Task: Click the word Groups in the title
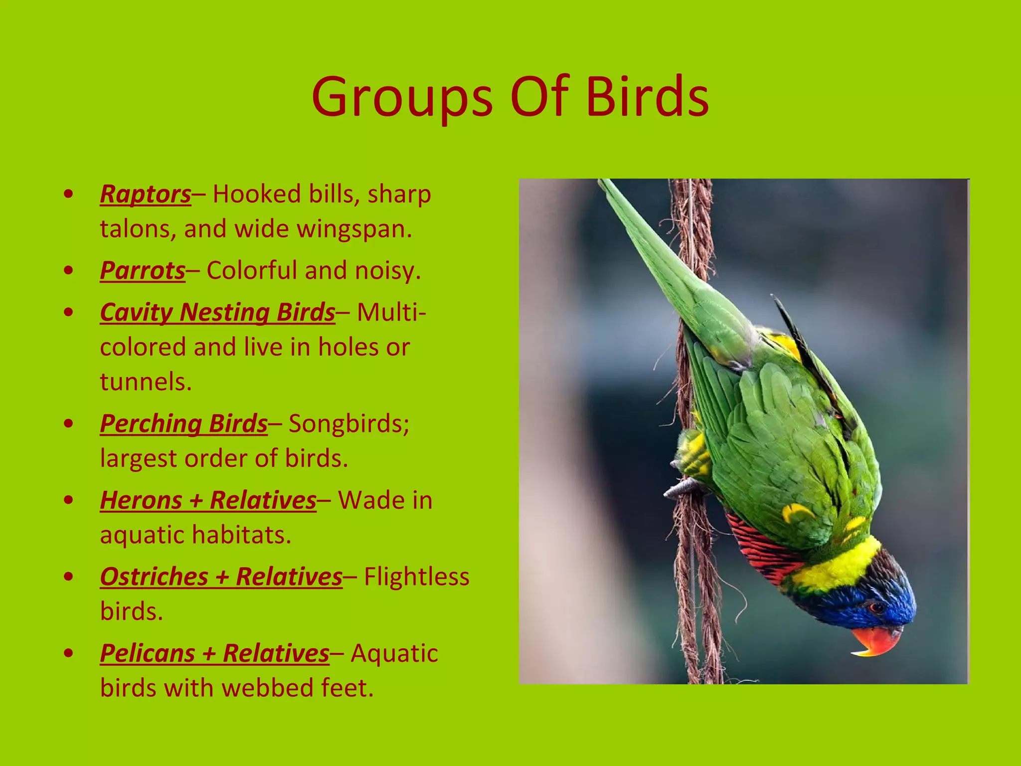tap(402, 97)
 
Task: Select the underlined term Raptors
tap(145, 194)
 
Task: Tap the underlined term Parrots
tap(143, 271)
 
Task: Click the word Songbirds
tap(348, 424)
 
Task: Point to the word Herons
tap(141, 500)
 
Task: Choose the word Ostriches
tap(154, 577)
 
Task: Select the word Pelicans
tap(147, 653)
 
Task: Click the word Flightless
tap(416, 577)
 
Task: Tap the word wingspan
tap(354, 229)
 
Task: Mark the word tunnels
tap(146, 382)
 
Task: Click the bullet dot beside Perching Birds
tap(69, 423)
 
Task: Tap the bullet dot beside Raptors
tap(69, 194)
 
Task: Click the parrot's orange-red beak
tap(875, 640)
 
